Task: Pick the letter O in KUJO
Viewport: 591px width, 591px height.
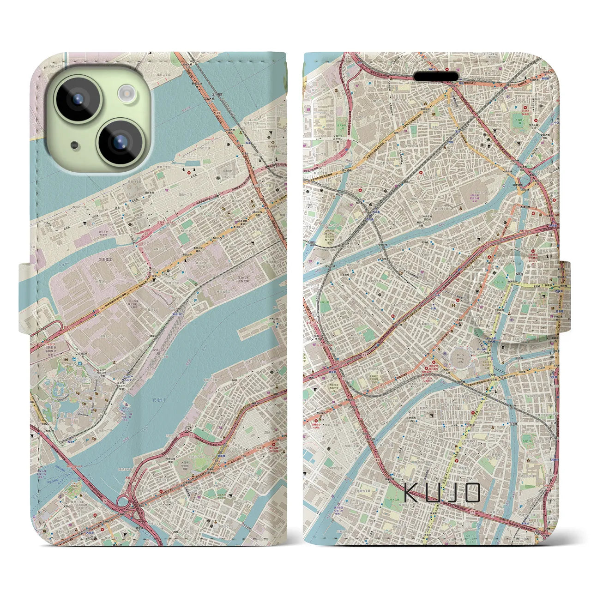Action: tap(471, 493)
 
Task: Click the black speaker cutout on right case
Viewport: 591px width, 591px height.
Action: tap(436, 75)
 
